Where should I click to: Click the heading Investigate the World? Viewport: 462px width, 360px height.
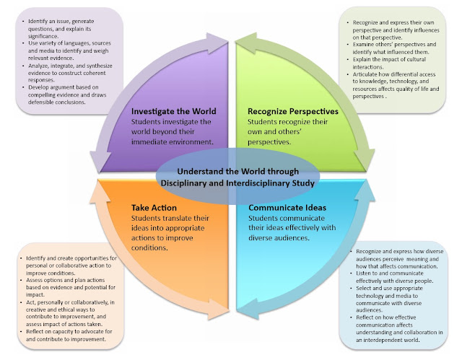click(x=173, y=111)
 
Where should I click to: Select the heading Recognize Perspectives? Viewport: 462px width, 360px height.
click(x=293, y=111)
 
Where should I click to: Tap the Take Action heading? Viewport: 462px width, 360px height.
click(x=154, y=208)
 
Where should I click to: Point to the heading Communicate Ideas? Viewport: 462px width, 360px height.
click(x=287, y=208)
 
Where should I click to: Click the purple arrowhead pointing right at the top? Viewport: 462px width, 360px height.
click(x=217, y=43)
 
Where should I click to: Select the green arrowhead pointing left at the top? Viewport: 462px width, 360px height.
click(x=247, y=43)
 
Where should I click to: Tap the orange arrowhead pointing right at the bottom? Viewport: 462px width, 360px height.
click(x=218, y=309)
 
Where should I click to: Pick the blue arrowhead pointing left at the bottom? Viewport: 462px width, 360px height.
click(x=248, y=309)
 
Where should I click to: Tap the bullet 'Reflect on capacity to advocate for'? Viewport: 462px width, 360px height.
click(x=67, y=335)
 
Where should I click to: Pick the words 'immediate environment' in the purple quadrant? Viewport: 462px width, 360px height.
click(x=172, y=142)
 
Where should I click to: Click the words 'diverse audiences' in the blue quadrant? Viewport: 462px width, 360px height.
click(x=279, y=238)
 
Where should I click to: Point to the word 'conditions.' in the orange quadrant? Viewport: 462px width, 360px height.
click(x=149, y=248)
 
